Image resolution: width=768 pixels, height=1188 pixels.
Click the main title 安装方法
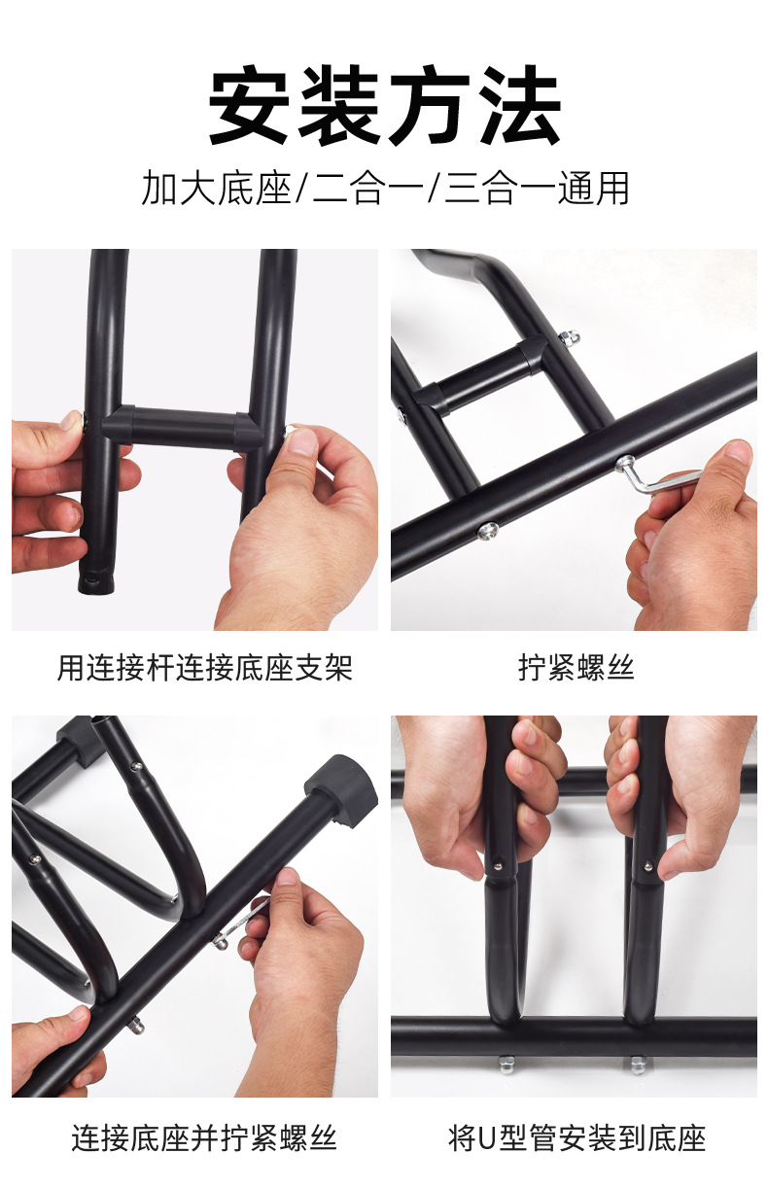[385, 106]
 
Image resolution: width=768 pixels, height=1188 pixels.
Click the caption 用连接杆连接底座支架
[205, 668]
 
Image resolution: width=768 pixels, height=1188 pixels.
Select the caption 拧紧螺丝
[576, 668]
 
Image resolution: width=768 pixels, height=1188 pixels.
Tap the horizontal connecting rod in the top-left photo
[183, 427]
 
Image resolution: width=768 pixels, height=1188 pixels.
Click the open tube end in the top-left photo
[95, 583]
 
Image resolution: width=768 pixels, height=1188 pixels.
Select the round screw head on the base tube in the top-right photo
[487, 531]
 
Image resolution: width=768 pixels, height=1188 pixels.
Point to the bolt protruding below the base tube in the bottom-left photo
[137, 1027]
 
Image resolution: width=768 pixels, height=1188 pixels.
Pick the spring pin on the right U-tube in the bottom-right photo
[647, 865]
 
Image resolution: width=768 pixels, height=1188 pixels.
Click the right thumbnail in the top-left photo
[303, 440]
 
